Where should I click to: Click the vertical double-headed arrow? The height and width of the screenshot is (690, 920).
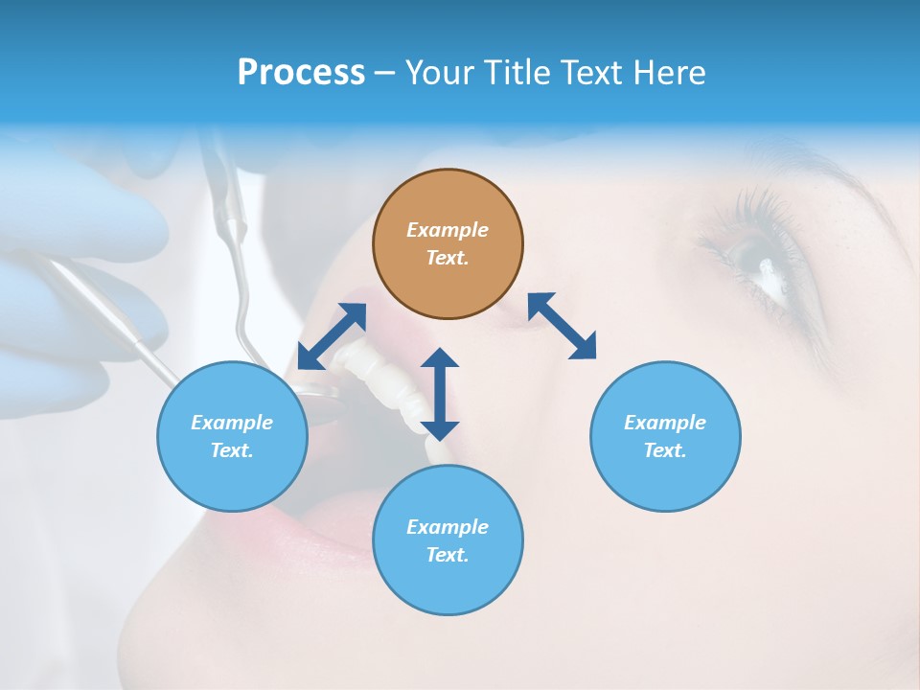click(x=440, y=394)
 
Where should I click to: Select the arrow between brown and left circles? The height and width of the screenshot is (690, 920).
click(x=332, y=335)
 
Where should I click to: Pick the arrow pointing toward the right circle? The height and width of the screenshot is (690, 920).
click(x=563, y=326)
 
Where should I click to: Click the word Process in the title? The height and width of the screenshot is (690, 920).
click(x=301, y=73)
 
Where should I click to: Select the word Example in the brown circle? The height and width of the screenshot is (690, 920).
click(x=448, y=230)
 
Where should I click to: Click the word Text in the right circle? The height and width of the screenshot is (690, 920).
click(x=665, y=450)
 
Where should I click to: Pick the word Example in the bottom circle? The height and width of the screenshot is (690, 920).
click(x=448, y=526)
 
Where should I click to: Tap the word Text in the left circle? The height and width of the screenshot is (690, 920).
click(x=232, y=450)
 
